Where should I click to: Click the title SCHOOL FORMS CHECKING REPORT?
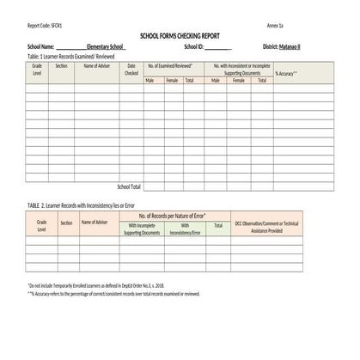180,35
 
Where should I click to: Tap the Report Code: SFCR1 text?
46,25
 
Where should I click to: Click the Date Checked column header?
131,69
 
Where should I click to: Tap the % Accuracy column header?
286,74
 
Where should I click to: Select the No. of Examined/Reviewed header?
170,65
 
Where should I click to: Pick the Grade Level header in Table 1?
37,69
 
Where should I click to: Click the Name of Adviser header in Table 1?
97,65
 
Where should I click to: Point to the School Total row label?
128,186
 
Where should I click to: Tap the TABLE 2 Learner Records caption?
82,206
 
